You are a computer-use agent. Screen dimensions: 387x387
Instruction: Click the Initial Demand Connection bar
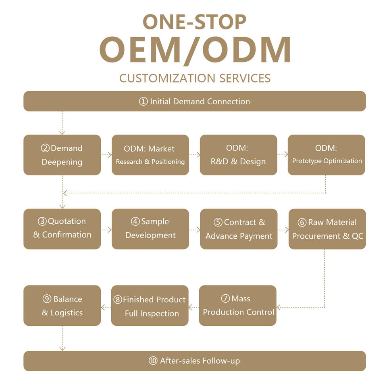coord(194,101)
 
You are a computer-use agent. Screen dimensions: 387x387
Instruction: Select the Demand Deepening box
coord(62,155)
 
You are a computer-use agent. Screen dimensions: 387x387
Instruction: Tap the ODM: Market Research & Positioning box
coord(150,155)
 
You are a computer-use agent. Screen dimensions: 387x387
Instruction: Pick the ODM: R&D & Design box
coord(238,155)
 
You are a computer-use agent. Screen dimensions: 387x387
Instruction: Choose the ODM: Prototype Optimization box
coord(327,155)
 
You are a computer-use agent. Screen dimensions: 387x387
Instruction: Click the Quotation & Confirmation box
coord(62,229)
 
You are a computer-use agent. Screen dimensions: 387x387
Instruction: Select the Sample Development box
coord(150,229)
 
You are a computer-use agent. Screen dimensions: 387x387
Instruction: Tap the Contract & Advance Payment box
coord(239,229)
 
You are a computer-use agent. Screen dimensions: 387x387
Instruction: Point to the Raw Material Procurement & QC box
coord(327,229)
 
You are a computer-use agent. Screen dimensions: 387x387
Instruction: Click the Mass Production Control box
coord(238,305)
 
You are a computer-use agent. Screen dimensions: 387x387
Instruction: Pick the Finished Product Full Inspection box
coord(150,305)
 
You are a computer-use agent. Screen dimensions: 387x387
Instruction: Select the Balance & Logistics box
coord(62,305)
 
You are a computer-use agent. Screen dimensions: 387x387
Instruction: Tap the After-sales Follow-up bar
coord(194,361)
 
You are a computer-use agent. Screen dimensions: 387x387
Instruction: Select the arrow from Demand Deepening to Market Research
coord(106,154)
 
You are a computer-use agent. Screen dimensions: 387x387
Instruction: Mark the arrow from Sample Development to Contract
coord(195,230)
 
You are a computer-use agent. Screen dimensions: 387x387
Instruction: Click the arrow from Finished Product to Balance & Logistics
coord(106,308)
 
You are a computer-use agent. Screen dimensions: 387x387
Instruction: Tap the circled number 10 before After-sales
coord(153,361)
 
